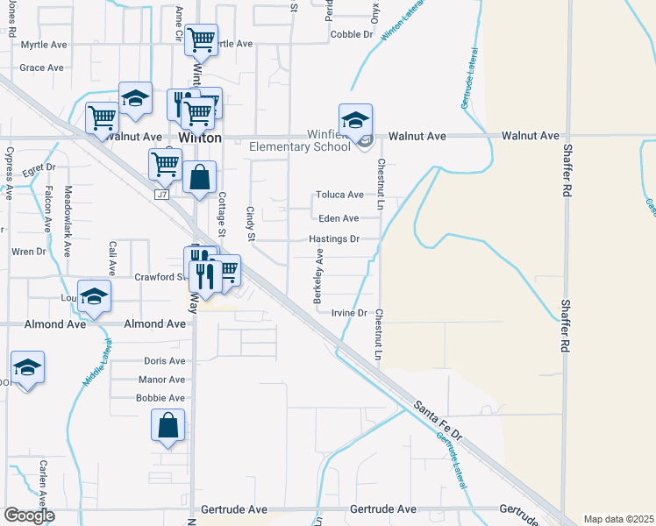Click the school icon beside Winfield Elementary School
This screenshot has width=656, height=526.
tap(356, 122)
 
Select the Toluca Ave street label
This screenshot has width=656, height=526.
tap(340, 195)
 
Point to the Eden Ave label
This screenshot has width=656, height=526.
tap(339, 218)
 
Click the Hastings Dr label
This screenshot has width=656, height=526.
tap(334, 238)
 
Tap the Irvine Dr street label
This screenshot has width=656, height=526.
tap(348, 313)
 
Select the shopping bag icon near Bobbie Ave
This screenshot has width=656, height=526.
tap(168, 425)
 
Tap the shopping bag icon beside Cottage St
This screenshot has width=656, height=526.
tap(200, 177)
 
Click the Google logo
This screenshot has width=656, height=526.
tap(29, 515)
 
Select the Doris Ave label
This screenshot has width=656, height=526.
tap(165, 360)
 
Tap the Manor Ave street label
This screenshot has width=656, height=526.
tap(162, 380)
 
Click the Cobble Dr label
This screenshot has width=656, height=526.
tap(353, 34)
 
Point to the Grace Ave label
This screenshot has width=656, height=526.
tap(42, 68)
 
